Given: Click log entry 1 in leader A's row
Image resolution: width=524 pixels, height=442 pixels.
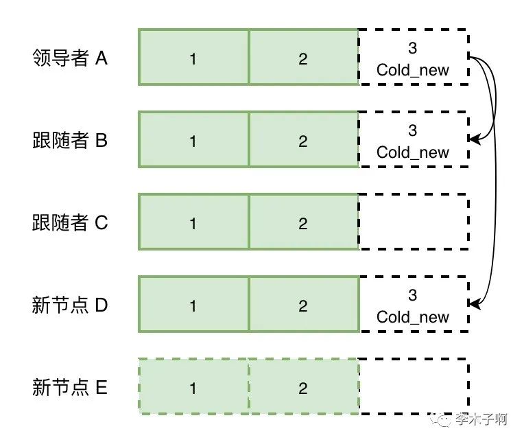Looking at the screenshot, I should (193, 58).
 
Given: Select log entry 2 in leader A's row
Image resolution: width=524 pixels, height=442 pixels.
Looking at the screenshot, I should (303, 58).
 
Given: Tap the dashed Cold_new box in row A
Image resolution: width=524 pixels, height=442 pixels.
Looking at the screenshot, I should (413, 58).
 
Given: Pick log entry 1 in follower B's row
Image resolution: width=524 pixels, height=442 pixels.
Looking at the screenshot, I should (193, 140).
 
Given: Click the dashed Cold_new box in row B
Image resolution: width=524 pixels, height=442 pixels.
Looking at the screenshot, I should (413, 140).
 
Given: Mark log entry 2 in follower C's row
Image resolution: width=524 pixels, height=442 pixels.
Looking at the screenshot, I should (303, 222).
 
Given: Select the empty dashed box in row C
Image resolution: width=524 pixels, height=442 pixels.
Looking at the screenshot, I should (413, 222).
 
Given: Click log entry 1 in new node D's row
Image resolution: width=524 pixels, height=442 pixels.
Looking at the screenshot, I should (193, 305).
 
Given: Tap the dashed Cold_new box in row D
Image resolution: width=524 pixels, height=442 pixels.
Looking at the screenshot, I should (413, 305).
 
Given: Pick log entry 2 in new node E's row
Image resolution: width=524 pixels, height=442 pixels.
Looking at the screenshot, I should (303, 387).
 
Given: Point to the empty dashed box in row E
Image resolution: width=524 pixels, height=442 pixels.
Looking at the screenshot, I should (413, 387).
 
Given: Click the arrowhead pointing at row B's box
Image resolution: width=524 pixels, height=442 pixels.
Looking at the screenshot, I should (474, 140).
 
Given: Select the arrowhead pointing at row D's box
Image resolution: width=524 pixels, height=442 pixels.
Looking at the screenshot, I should (474, 303).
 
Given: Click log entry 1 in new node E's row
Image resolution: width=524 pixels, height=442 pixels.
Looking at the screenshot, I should (193, 387).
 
